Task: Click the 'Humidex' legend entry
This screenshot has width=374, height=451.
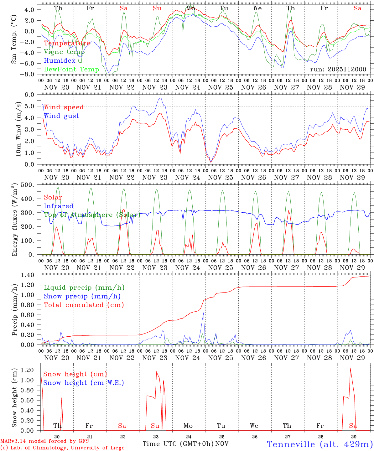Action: tap(60, 61)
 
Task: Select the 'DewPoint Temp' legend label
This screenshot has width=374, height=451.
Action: tap(71, 69)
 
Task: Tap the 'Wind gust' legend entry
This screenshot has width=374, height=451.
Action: tap(61, 116)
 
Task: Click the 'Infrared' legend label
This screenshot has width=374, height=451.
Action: tap(59, 206)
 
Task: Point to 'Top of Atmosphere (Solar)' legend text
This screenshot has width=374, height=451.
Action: tap(92, 215)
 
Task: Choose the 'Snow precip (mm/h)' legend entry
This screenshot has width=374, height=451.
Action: tap(82, 296)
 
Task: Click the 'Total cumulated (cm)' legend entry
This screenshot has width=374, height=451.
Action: tap(84, 305)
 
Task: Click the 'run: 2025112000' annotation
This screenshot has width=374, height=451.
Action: tap(338, 69)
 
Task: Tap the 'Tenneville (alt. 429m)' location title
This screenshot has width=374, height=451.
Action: tap(319, 444)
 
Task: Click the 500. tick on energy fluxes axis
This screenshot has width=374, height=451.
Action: tap(31, 185)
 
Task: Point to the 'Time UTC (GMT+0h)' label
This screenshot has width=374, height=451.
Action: tap(178, 444)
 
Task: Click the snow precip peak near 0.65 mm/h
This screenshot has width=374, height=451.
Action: tap(204, 313)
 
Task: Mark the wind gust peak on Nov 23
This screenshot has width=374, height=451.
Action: tap(161, 98)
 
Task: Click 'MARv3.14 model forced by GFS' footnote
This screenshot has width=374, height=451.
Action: tap(44, 441)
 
